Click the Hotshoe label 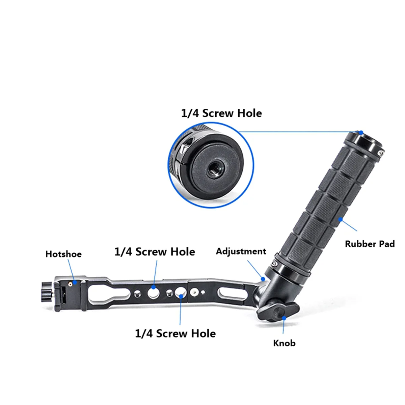[63, 254]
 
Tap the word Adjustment [241, 251]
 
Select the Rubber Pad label [370, 244]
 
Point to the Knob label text [284, 343]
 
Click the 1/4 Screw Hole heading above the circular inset [221, 113]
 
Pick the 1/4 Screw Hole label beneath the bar [175, 333]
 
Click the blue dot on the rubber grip [341, 219]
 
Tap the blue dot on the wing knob [284, 317]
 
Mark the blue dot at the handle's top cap [361, 132]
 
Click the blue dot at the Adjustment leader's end [263, 278]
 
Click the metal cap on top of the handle [365, 141]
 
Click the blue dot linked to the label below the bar [181, 296]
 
